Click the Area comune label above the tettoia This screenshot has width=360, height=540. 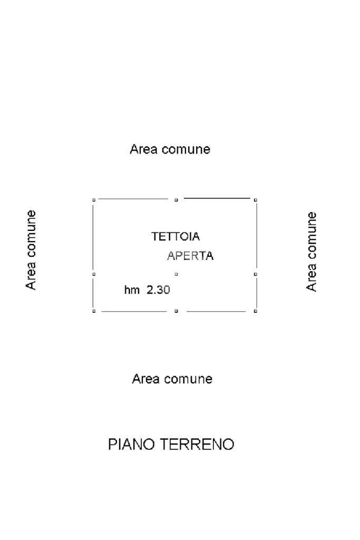[x=170, y=149]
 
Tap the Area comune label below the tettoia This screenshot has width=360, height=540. [x=172, y=379]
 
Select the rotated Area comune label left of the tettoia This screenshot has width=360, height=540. [x=32, y=249]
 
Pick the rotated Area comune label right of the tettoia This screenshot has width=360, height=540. [x=312, y=252]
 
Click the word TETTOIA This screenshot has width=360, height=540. [x=176, y=237]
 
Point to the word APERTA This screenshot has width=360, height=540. [x=190, y=256]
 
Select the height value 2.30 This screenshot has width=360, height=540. [x=158, y=290]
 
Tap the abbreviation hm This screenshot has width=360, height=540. [x=132, y=290]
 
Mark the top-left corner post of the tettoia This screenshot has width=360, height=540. [x=94, y=200]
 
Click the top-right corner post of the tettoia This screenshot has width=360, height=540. [x=256, y=200]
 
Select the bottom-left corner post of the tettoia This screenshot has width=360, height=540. [x=94, y=311]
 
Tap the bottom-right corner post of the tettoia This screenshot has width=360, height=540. [x=256, y=311]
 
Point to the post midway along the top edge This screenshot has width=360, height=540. [x=176, y=200]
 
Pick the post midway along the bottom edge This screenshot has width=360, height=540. [x=176, y=311]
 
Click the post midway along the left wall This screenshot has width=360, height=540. [x=94, y=274]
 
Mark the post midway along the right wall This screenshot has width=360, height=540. [x=256, y=274]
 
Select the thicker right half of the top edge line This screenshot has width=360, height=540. [x=217, y=198]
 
